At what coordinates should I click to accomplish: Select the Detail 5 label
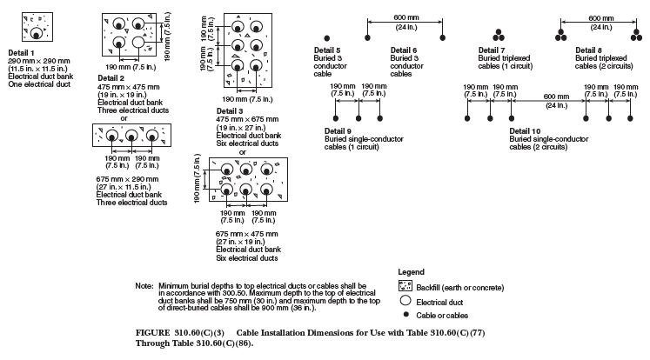pos(326,50)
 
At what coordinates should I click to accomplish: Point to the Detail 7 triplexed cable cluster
pos(500,36)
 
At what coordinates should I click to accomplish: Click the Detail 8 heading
pos(588,50)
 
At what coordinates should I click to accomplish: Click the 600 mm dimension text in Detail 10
pos(550,95)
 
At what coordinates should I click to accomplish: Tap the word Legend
pos(410,272)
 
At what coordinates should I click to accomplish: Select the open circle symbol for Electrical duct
pos(404,300)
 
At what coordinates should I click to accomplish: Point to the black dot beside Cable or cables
pos(404,314)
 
